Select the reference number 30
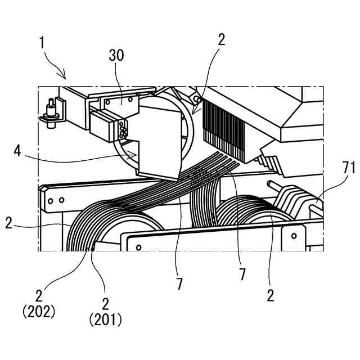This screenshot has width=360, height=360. click(117, 56)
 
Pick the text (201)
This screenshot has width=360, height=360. click(105, 320)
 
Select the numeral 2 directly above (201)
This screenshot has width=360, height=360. click(105, 303)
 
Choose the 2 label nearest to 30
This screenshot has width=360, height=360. click(221, 39)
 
